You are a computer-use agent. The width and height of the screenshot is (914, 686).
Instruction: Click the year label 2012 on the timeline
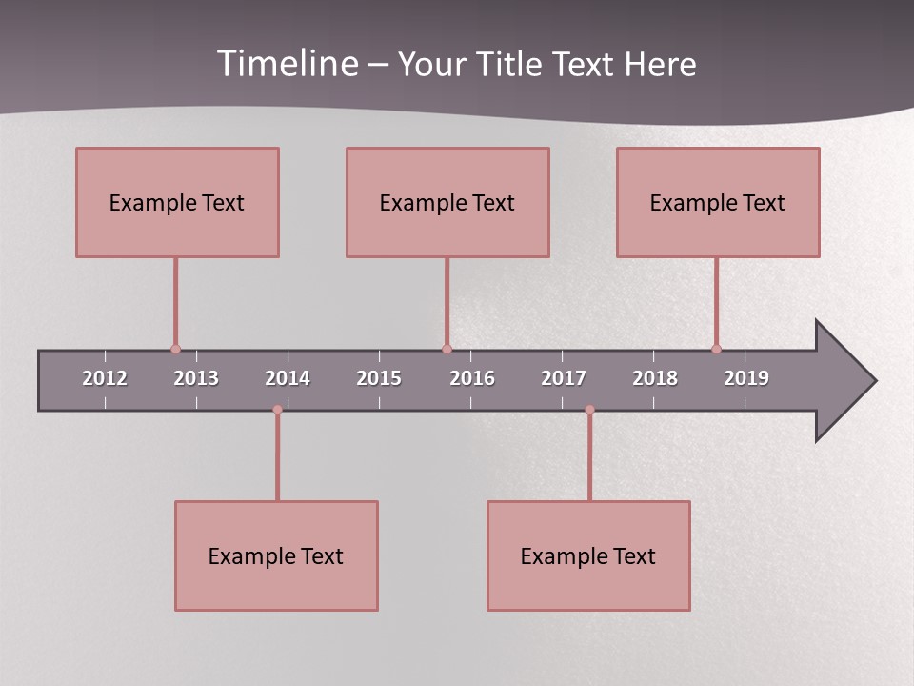tap(105, 378)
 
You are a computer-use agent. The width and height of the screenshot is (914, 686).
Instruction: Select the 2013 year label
tap(196, 378)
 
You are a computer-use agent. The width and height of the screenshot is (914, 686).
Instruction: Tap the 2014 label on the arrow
tap(288, 378)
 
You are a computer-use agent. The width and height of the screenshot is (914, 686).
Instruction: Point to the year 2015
tap(379, 378)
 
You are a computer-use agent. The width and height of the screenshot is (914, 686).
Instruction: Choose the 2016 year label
tap(472, 378)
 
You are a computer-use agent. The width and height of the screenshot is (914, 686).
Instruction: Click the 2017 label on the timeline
tap(564, 378)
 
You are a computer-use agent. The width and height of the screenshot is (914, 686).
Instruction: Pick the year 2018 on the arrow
tap(655, 378)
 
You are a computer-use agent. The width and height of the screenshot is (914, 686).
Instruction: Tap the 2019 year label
tap(746, 378)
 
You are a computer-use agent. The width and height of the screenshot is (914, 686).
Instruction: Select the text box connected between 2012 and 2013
tap(177, 202)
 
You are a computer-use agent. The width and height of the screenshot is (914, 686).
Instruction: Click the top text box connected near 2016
tap(447, 202)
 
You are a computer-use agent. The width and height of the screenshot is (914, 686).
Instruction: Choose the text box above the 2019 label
tap(718, 202)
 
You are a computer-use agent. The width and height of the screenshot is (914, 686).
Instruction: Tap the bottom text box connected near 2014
tap(276, 555)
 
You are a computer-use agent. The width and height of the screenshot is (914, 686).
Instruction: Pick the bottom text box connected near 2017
tap(588, 555)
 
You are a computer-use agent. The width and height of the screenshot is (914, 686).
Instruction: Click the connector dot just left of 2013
tap(175, 350)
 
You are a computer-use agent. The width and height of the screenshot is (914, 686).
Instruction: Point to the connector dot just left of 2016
tap(447, 350)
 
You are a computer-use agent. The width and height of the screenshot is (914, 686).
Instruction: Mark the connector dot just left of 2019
tap(716, 350)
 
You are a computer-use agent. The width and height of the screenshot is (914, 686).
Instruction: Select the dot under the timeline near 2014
tap(277, 410)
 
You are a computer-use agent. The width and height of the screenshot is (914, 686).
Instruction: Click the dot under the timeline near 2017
tap(589, 410)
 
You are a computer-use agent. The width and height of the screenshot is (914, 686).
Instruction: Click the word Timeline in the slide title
tap(288, 64)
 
